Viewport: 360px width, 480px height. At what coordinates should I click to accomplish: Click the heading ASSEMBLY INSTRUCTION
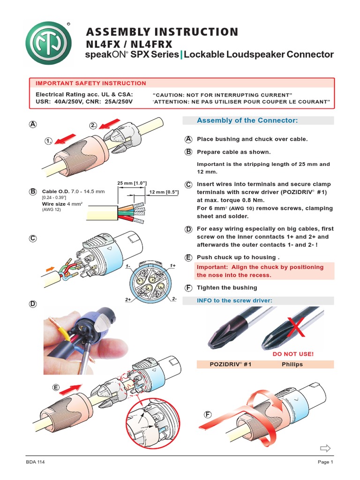point(162,32)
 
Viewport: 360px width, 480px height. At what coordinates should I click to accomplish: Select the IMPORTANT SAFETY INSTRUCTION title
point(91,83)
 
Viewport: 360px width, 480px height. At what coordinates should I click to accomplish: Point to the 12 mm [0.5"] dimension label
point(164,192)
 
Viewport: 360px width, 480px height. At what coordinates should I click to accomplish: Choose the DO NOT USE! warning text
point(293,354)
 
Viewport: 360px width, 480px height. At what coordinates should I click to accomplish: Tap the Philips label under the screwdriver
point(292,364)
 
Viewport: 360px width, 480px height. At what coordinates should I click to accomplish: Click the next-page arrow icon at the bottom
point(325,449)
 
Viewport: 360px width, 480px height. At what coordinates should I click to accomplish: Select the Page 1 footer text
point(325,462)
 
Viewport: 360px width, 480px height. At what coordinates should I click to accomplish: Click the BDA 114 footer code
point(35,462)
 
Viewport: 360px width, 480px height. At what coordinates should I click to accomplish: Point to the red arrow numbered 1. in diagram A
point(65,139)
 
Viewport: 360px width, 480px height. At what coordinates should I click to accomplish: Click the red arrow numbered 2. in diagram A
point(111,123)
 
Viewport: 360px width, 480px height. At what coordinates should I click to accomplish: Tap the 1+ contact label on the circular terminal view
point(173,266)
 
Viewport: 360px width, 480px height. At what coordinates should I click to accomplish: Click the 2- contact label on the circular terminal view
point(174,299)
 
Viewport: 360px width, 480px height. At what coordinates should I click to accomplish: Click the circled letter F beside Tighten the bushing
point(188,287)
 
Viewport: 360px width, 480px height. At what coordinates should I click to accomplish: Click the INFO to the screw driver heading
point(234,300)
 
